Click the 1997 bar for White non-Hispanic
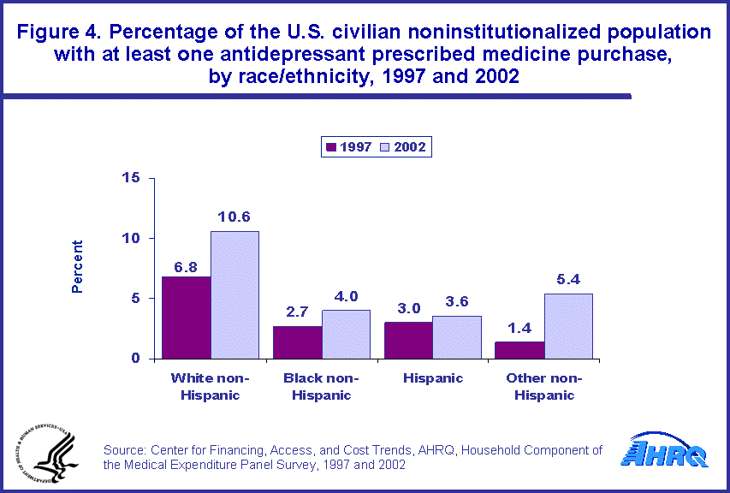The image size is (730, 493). pyautogui.click(x=186, y=318)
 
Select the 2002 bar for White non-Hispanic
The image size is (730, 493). pyautogui.click(x=234, y=294)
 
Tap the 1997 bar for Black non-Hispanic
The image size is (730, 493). pyautogui.click(x=297, y=342)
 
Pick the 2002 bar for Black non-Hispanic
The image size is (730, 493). pyautogui.click(x=346, y=334)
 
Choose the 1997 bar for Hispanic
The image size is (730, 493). pyautogui.click(x=408, y=340)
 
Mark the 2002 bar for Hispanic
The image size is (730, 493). pyautogui.click(x=457, y=337)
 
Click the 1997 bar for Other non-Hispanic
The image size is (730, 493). pyautogui.click(x=519, y=350)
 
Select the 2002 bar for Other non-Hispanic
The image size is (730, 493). pyautogui.click(x=568, y=326)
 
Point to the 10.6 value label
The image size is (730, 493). pyautogui.click(x=234, y=217)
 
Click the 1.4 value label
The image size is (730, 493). pyautogui.click(x=519, y=328)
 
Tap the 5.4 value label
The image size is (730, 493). pyautogui.click(x=568, y=279)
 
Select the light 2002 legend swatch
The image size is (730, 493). pyautogui.click(x=387, y=147)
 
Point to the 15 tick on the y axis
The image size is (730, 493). pyautogui.click(x=131, y=178)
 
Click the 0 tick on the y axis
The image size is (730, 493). pyautogui.click(x=135, y=359)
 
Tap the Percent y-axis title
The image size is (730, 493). pyautogui.click(x=77, y=267)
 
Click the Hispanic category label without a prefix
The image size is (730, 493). pyautogui.click(x=432, y=378)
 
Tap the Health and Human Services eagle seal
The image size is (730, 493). pyautogui.click(x=44, y=452)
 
